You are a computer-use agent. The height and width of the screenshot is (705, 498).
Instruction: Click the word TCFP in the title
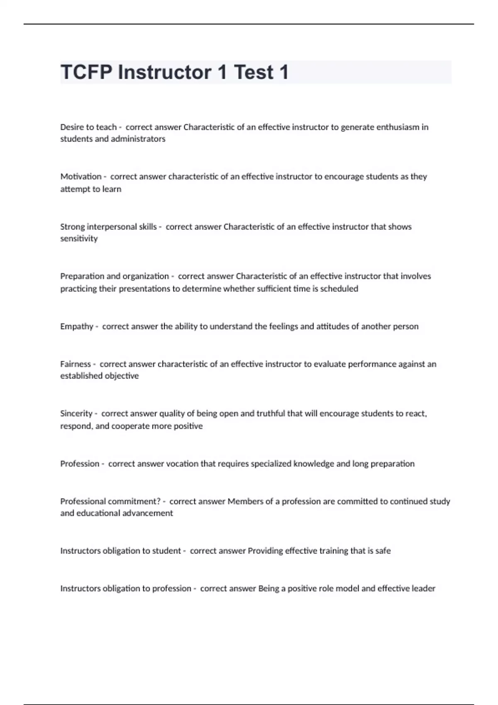click(86, 73)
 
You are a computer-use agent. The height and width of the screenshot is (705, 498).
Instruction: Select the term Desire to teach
click(88, 127)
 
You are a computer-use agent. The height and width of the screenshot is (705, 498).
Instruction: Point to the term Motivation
click(81, 177)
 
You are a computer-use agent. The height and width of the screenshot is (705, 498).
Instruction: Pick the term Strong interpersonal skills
click(108, 227)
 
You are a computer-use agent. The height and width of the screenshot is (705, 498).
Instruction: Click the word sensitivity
click(79, 238)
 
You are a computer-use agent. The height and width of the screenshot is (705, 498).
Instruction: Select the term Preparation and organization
click(115, 276)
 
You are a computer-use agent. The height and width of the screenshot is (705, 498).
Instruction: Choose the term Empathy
click(77, 326)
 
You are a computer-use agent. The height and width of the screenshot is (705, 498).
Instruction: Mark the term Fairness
click(76, 364)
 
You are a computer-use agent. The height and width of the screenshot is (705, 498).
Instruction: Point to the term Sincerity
click(76, 413)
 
